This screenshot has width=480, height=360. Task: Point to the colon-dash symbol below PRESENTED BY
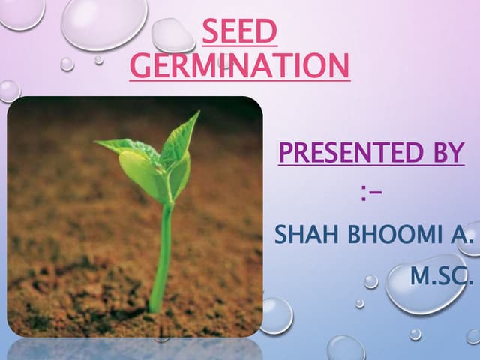click(x=370, y=196)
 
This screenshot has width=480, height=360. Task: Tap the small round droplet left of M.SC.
click(x=371, y=281)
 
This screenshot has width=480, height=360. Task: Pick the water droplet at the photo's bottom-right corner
click(x=275, y=315)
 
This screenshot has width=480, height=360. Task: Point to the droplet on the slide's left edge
click(x=7, y=90)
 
